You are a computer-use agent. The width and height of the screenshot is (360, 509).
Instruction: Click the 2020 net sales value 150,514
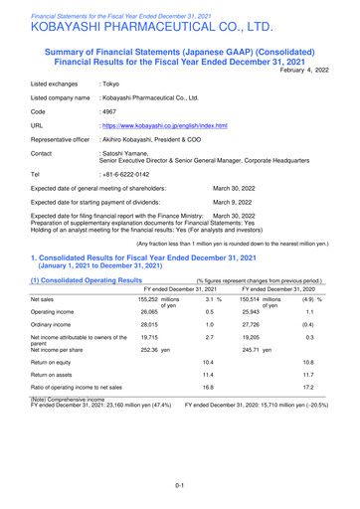(254, 298)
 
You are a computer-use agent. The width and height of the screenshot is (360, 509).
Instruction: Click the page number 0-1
(180, 484)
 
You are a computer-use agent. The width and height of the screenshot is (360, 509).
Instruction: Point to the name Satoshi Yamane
(130, 152)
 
